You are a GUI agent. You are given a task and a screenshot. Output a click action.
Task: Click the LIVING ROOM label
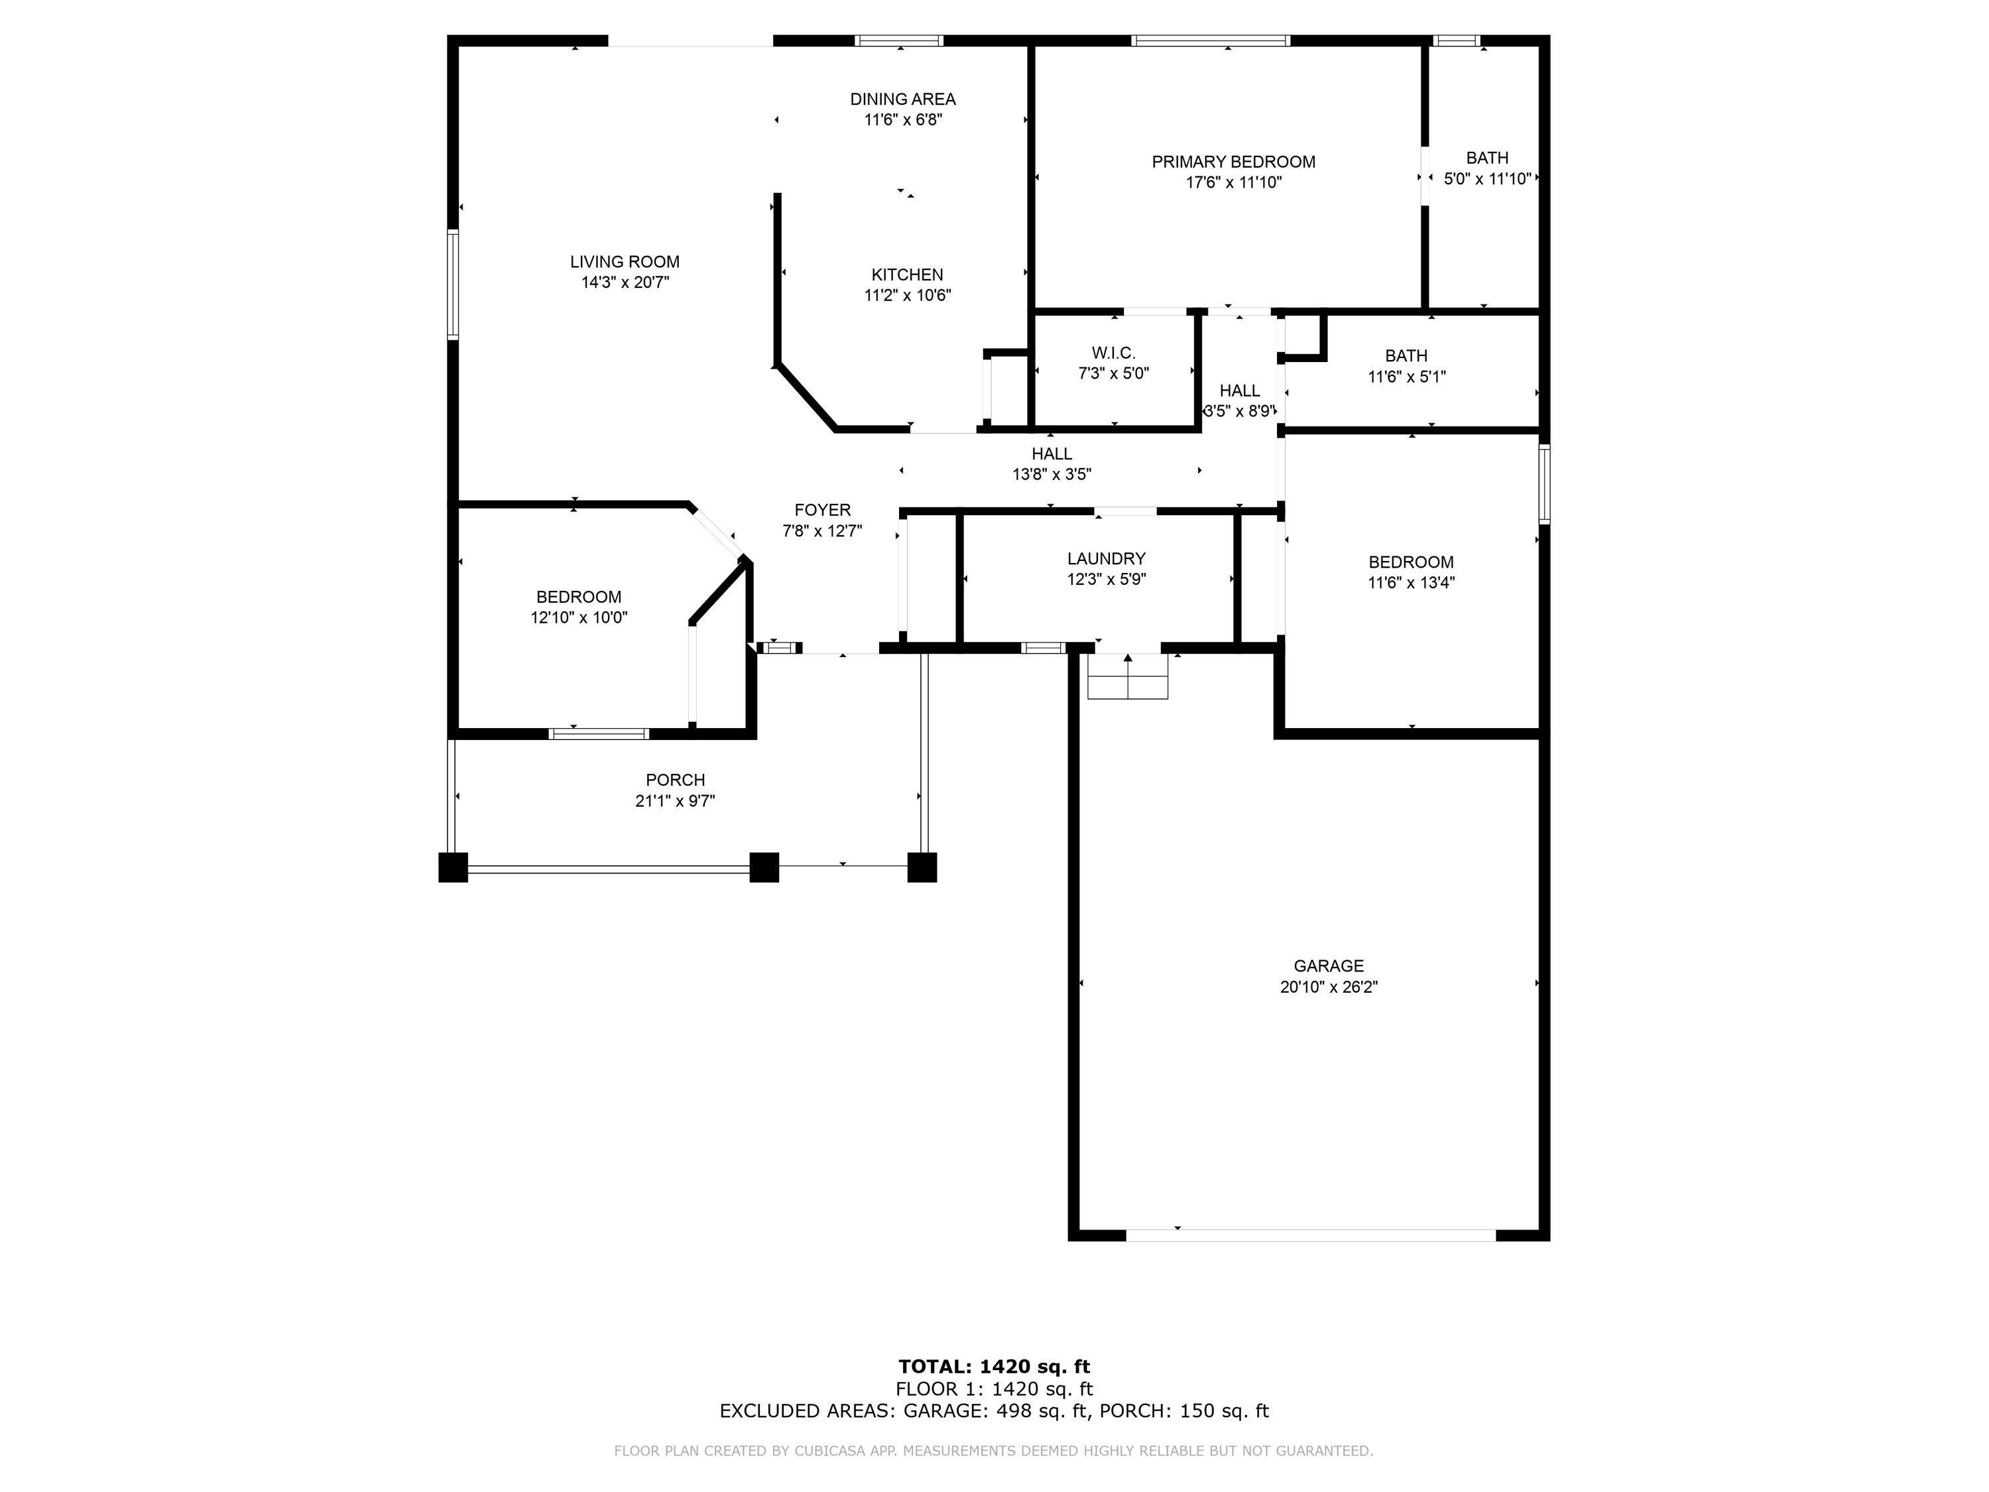(x=624, y=262)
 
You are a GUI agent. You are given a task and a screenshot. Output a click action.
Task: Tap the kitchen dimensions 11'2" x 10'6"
(x=907, y=295)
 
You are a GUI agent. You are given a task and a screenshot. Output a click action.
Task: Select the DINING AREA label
(x=903, y=99)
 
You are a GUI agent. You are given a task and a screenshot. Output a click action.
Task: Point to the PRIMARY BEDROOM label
(x=1233, y=162)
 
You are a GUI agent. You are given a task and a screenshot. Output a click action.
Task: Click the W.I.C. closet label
(x=1113, y=353)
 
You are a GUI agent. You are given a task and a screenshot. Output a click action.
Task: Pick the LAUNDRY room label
(x=1106, y=558)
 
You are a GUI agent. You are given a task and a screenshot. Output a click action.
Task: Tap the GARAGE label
(x=1328, y=966)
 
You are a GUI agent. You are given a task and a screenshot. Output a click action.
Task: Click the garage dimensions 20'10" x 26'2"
(x=1328, y=987)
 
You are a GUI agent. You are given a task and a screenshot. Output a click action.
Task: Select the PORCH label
(x=674, y=780)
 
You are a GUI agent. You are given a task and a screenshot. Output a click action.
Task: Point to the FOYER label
(x=822, y=510)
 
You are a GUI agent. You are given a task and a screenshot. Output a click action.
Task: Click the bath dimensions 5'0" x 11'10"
(x=1486, y=179)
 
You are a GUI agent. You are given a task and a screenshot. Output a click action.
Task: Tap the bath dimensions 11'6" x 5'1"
(x=1406, y=377)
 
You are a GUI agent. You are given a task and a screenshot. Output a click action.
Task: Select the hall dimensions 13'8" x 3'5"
(x=1051, y=474)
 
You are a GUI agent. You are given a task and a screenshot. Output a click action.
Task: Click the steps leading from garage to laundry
(x=1128, y=676)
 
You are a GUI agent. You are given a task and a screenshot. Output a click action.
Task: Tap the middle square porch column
(x=763, y=867)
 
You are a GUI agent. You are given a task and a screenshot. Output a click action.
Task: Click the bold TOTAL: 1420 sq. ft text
(x=994, y=1367)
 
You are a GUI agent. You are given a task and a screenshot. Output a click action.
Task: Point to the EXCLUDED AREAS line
(x=994, y=1411)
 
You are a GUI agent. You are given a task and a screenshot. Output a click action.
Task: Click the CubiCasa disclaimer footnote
(x=994, y=1451)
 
